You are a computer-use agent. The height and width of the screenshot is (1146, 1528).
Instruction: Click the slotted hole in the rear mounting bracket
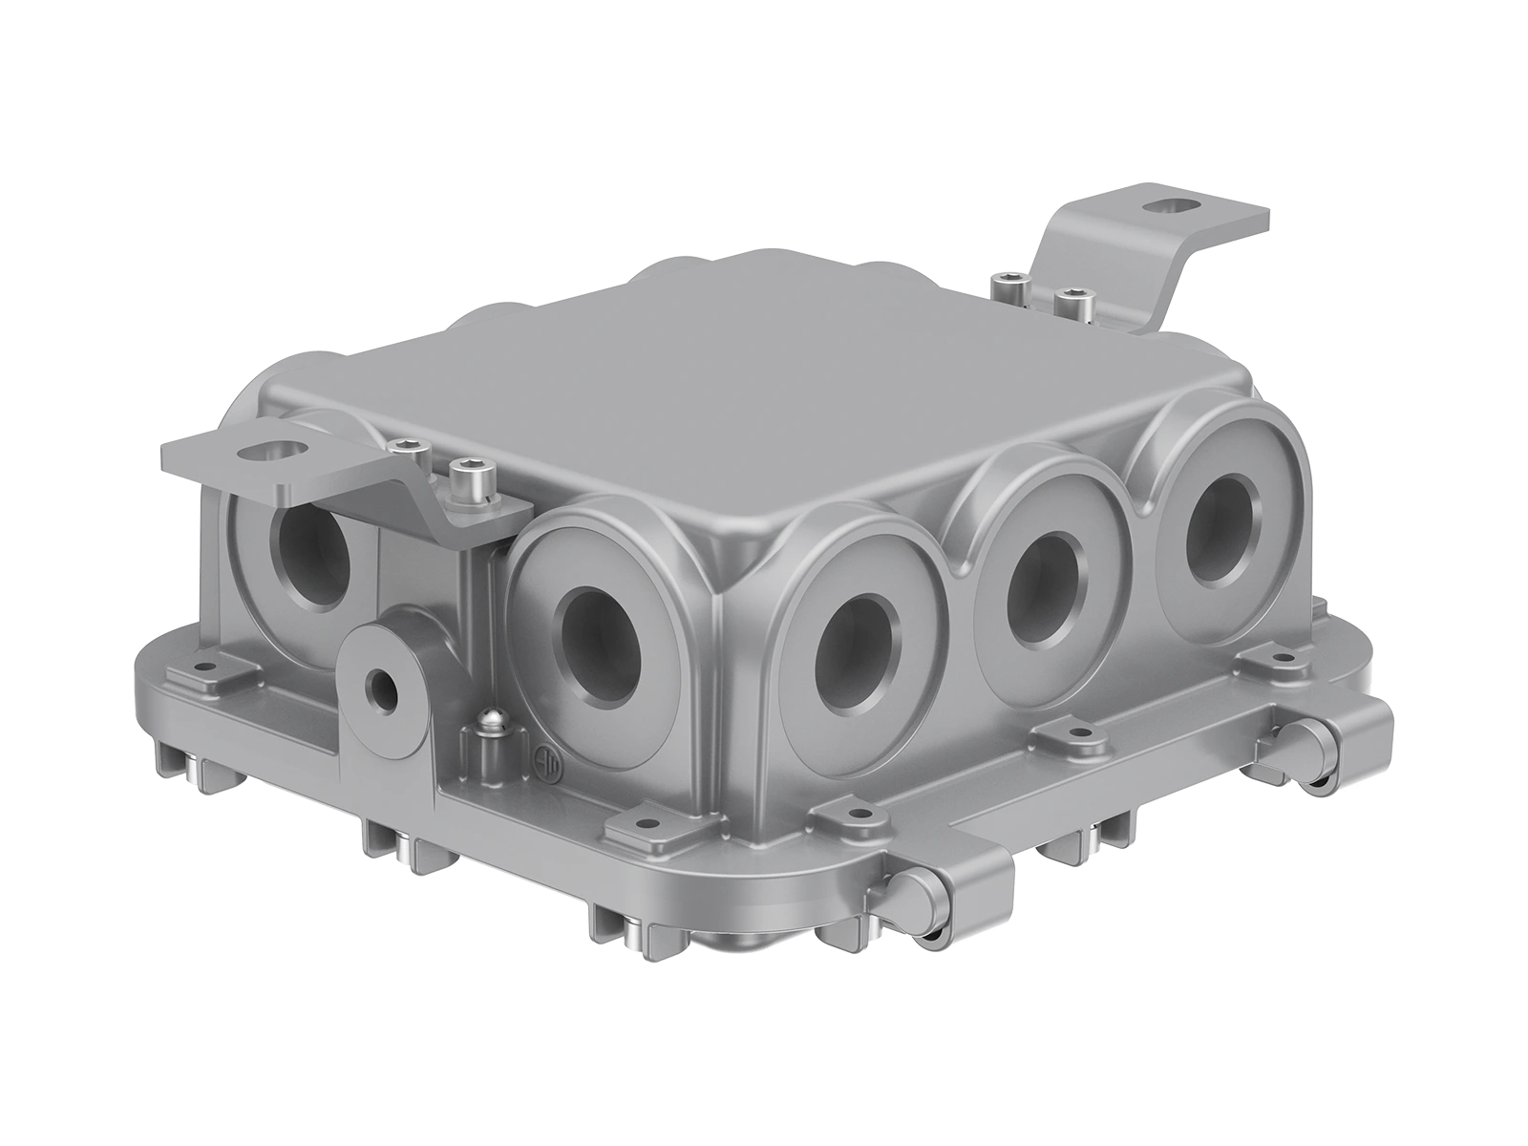click(x=1166, y=204)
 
